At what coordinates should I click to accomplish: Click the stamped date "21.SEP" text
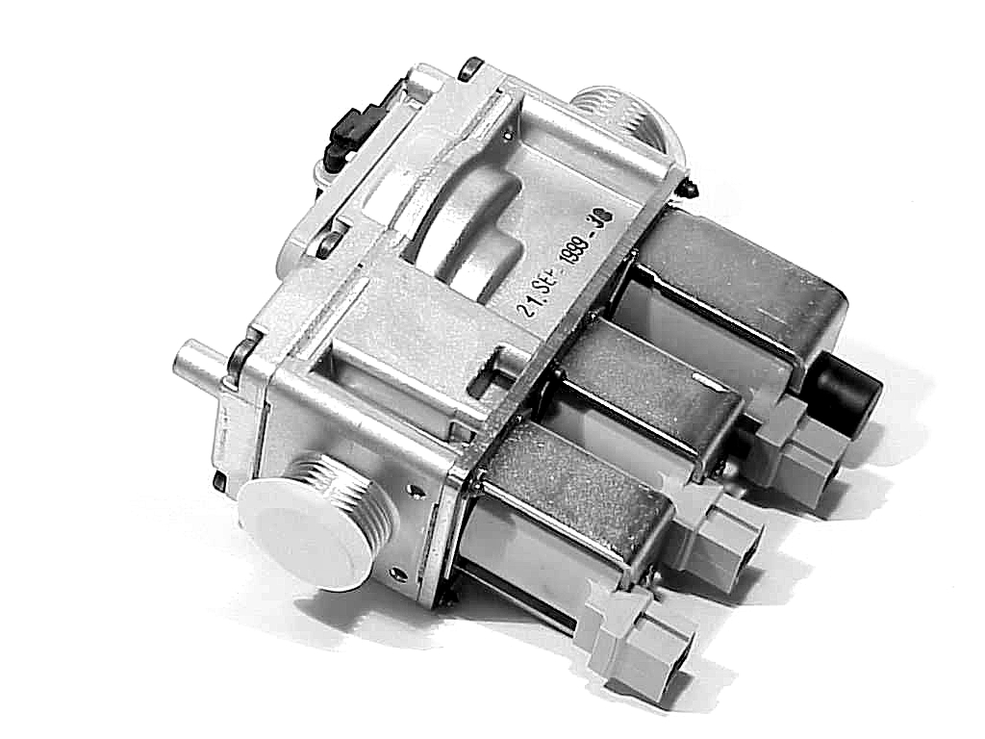[538, 293]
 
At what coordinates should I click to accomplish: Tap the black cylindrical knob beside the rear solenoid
[847, 386]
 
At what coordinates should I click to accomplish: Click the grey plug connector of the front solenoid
[640, 641]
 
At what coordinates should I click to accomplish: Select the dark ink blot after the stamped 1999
[602, 218]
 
